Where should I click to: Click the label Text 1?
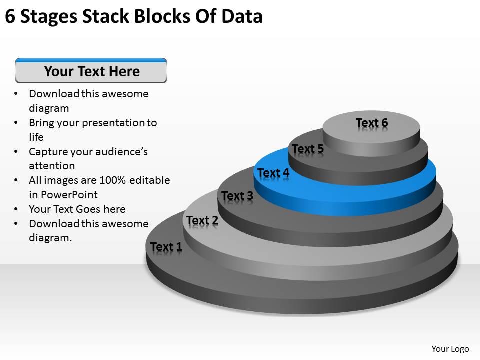click(166, 247)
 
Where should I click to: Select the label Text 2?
click(202, 220)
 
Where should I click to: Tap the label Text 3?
click(237, 196)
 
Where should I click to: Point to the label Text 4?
click(273, 173)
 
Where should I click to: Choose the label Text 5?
click(308, 149)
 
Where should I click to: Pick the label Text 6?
click(371, 123)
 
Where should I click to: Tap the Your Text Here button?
click(91, 71)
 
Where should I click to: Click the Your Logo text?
click(450, 348)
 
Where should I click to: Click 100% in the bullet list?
click(112, 180)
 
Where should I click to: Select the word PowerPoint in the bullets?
click(70, 195)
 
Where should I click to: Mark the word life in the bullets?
click(36, 137)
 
